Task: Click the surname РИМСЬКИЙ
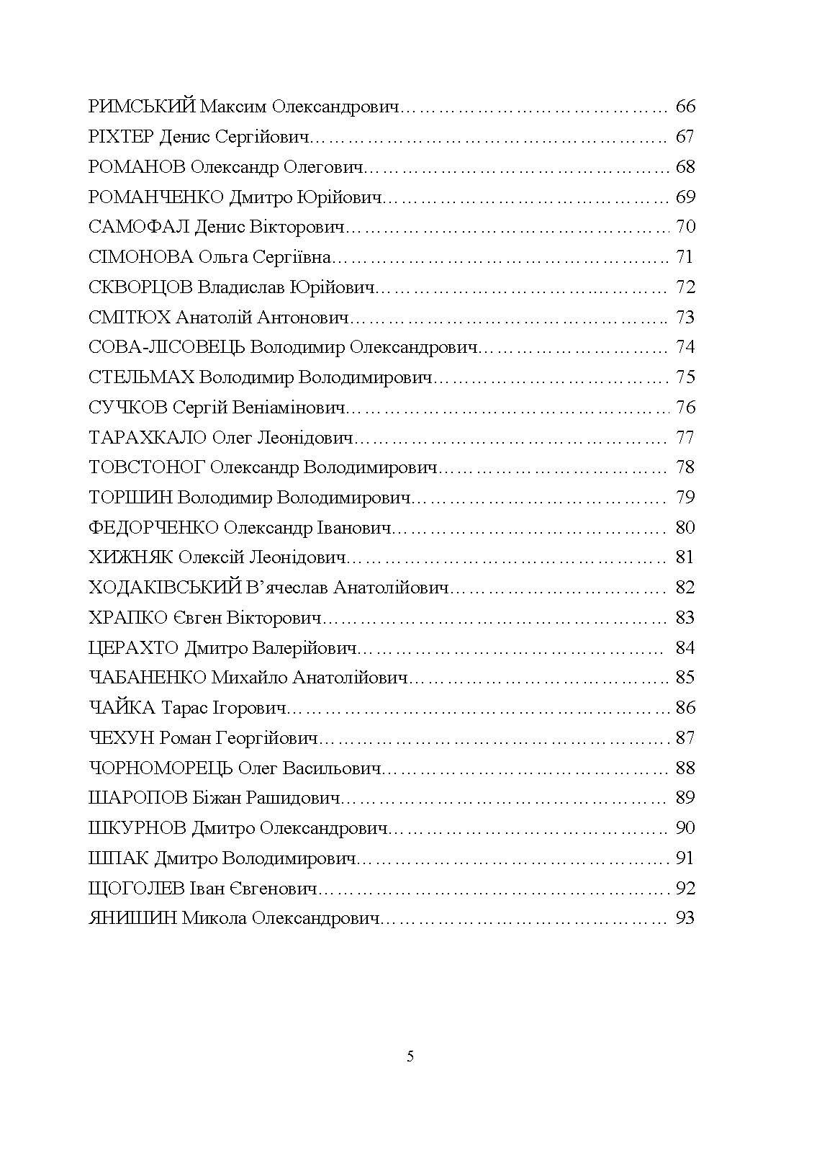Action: tap(141, 107)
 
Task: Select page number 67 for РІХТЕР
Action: tap(685, 137)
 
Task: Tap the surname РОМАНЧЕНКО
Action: tap(156, 197)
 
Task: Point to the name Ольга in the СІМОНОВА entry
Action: tap(223, 258)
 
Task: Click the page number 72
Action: tap(685, 287)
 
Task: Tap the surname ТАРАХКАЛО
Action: tap(148, 438)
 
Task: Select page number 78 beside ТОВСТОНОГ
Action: tap(685, 468)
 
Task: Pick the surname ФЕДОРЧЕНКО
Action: tap(153, 528)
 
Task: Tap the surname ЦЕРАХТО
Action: tap(133, 648)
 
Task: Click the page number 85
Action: tap(685, 678)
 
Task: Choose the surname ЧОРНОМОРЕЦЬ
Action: tap(161, 768)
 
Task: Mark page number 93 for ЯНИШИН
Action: tap(685, 919)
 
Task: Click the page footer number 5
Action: tap(410, 1057)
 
